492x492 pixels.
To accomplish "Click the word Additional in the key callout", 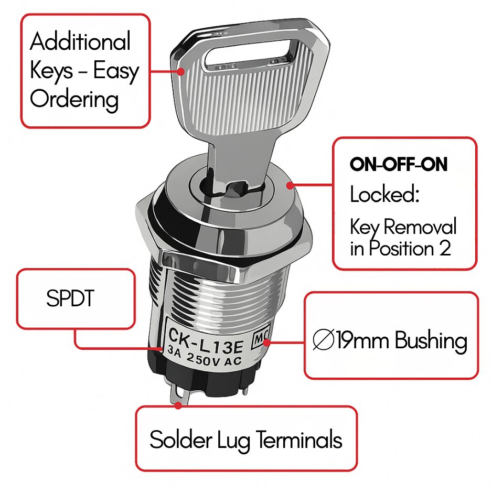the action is (x=80, y=41).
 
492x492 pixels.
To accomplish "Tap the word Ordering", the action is (x=74, y=99).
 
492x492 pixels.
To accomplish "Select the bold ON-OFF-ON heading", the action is (x=399, y=164).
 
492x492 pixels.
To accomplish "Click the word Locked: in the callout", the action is (x=384, y=194).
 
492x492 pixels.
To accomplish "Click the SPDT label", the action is (x=70, y=298).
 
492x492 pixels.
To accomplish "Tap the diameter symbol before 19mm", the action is (x=324, y=340).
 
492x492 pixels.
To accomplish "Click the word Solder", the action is (x=181, y=439).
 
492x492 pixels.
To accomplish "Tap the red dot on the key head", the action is (x=180, y=71).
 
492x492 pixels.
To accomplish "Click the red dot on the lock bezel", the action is (x=290, y=186).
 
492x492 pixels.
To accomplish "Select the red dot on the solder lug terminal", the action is (x=178, y=405).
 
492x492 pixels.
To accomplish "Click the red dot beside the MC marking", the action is (x=266, y=343).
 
